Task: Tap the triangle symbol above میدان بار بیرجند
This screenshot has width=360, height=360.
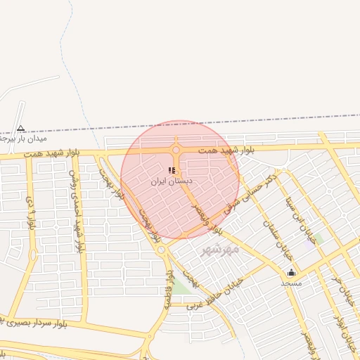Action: (21, 128)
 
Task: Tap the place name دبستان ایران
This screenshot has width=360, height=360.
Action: (172, 181)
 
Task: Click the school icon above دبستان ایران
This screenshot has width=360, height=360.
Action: (172, 170)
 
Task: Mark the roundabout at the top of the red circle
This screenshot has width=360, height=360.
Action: (176, 150)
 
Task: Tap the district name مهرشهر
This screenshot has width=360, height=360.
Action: (220, 249)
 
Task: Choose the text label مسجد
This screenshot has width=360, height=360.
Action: (291, 282)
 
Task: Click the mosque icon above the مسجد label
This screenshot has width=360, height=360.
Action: (291, 272)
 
